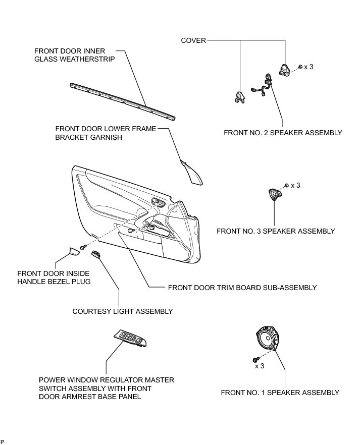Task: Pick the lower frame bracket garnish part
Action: point(192,171)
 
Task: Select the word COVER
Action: point(193,41)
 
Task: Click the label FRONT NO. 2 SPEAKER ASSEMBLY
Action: point(283,133)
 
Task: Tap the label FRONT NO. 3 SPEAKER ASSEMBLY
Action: point(276,231)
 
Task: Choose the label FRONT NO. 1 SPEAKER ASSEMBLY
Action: point(280,393)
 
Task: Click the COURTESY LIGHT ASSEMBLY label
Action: point(123,311)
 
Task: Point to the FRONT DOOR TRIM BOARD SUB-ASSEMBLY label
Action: point(242,288)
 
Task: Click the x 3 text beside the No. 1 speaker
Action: point(260,366)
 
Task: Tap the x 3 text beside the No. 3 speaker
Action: point(295,185)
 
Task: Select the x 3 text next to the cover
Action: point(308,67)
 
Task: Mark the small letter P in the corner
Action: point(2,441)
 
